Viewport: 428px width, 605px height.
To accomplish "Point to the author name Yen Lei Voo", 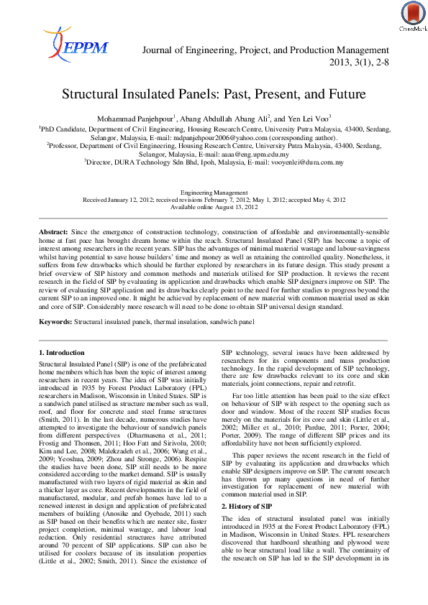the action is coord(307,118).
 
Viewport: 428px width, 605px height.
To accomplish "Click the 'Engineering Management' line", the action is coord(214,193).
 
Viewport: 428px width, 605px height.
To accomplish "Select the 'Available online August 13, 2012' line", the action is coord(214,206).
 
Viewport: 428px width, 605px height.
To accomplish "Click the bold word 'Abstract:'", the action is coord(53,233).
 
